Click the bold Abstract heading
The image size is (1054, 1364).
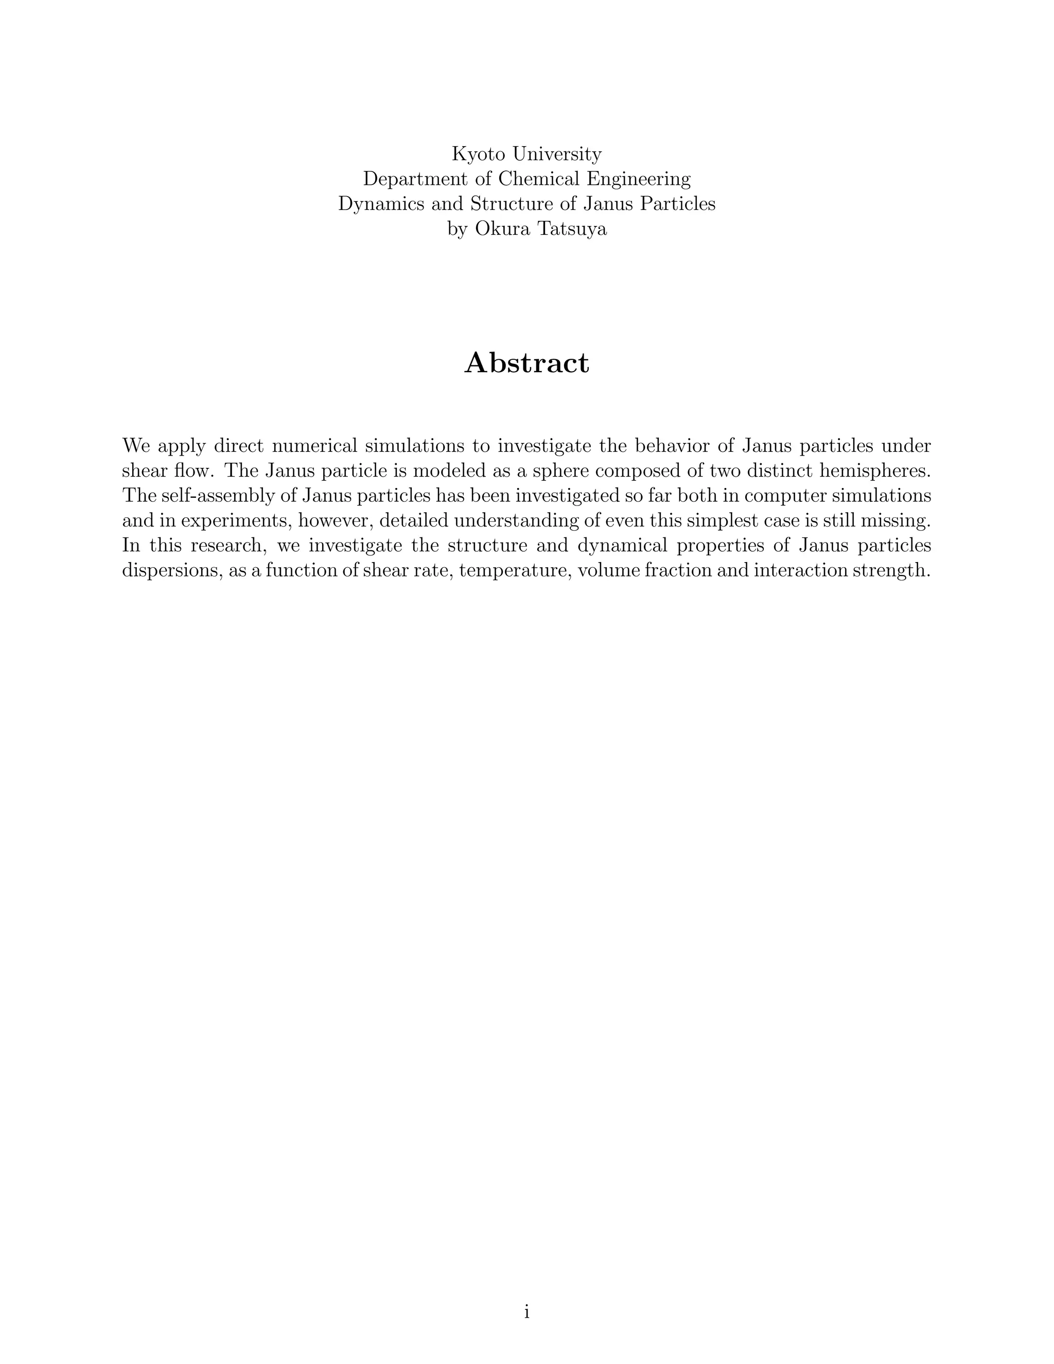click(x=526, y=363)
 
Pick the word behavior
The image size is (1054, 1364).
click(x=679, y=446)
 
